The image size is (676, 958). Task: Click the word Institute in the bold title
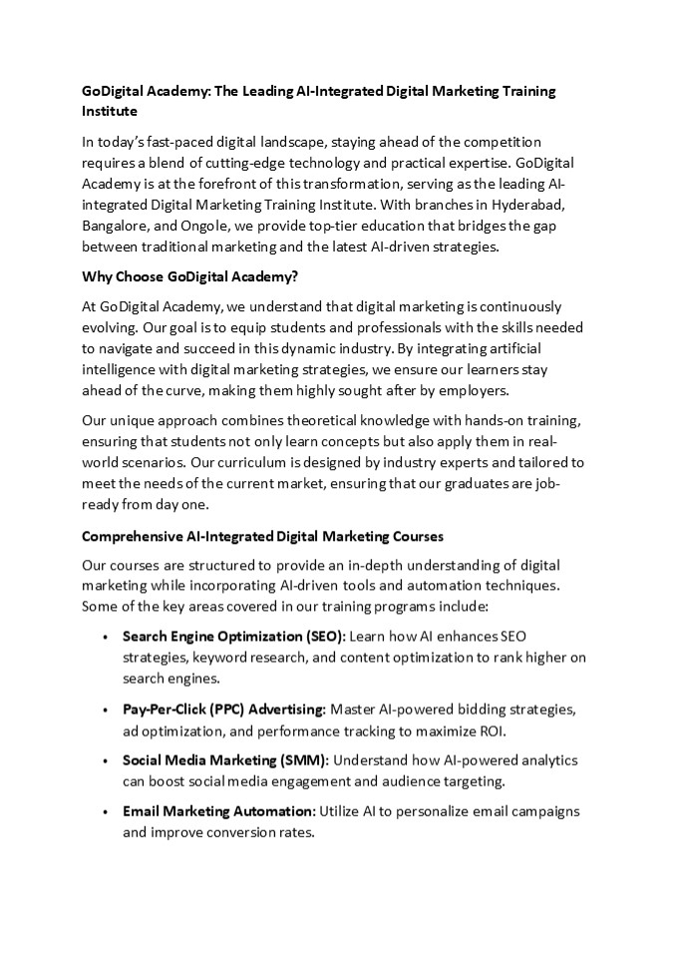tap(110, 110)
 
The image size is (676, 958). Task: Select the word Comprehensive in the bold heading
tap(130, 536)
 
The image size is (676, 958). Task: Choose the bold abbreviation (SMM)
tap(303, 760)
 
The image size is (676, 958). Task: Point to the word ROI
tap(492, 728)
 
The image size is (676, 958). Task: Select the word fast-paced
tap(182, 143)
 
